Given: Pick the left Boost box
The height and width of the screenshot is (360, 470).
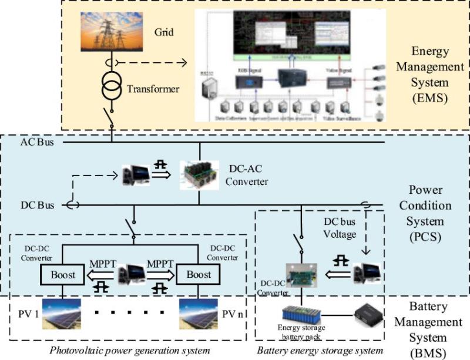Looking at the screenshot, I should [x=62, y=275].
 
